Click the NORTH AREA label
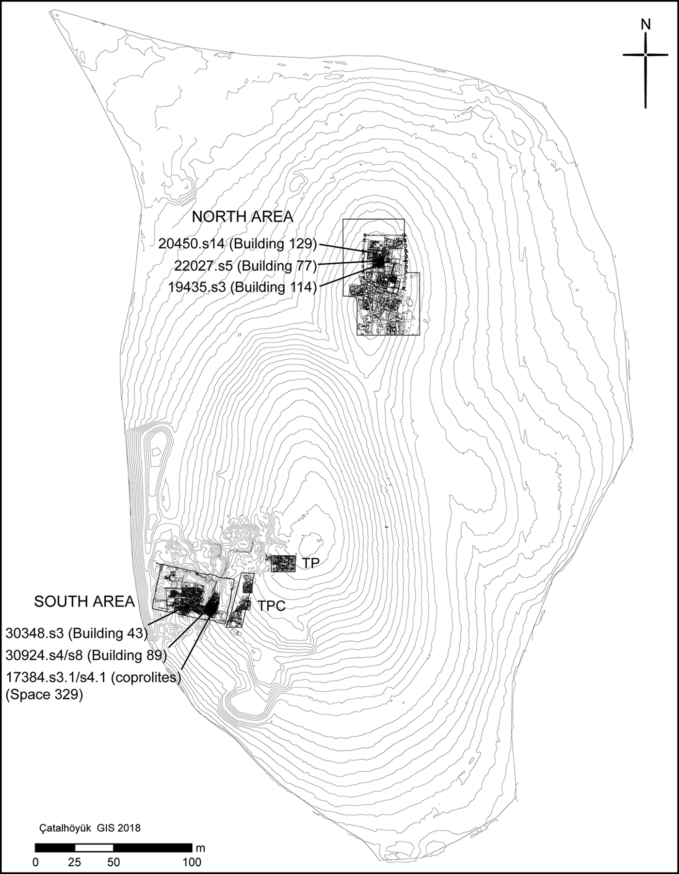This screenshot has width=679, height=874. coord(242,217)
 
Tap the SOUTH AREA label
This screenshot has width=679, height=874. coord(84,602)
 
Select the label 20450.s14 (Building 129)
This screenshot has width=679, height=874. coord(237,243)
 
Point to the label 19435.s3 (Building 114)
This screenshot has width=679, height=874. coord(242,287)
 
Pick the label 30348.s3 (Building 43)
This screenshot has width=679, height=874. coord(76,633)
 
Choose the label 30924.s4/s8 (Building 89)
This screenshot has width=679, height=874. coord(86,655)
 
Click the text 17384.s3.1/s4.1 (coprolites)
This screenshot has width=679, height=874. coord(93,677)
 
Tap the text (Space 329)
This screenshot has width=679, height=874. coord(44,694)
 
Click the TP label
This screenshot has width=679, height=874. coord(311,563)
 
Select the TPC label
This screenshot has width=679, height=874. coord(271,605)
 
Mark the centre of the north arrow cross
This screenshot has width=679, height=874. coord(645,55)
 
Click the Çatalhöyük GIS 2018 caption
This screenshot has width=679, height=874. coord(90,827)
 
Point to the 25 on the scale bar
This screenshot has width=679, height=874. coord(74,862)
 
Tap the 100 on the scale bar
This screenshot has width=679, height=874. coord(192,862)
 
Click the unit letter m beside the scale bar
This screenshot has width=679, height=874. coord(200,848)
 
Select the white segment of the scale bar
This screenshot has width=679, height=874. coord(94,848)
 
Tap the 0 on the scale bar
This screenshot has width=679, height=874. coord(35,862)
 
